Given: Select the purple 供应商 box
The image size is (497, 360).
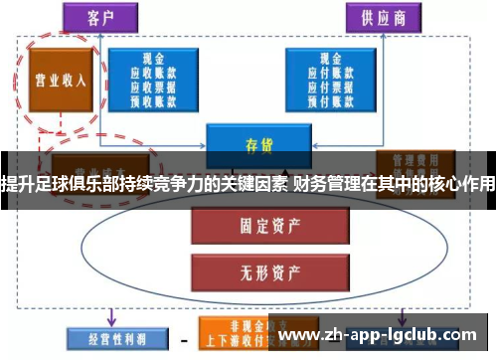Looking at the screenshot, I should click(383, 18).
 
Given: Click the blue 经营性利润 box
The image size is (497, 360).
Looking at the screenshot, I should click(112, 335).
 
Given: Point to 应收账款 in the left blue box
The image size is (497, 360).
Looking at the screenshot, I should click(152, 73).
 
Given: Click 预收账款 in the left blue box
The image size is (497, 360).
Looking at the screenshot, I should click(152, 99).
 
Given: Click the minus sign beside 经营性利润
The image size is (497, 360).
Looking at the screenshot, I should click(185, 337).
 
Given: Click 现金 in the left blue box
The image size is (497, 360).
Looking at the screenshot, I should click(152, 59).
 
